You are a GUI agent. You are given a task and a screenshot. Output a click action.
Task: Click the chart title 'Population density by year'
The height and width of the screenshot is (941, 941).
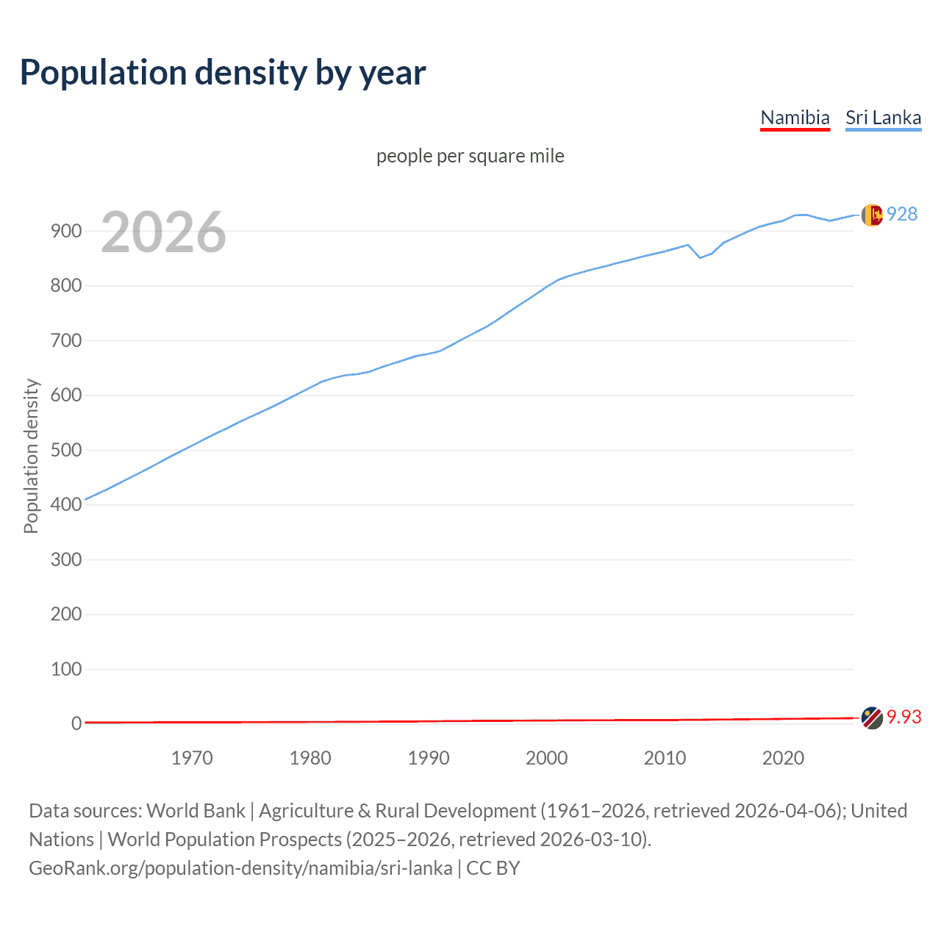(x=223, y=73)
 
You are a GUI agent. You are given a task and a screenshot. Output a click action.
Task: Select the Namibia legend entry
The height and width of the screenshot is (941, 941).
(x=795, y=118)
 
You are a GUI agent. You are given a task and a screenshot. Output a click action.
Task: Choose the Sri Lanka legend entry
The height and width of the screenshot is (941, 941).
(x=883, y=118)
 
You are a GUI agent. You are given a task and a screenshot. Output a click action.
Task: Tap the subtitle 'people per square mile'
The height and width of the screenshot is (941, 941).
(x=470, y=156)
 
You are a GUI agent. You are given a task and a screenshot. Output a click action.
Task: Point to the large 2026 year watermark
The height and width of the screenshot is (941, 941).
(x=163, y=232)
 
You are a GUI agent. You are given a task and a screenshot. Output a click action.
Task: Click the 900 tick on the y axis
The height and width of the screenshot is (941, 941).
(x=65, y=231)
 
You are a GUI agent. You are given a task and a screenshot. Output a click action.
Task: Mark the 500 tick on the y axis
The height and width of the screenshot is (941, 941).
(x=65, y=450)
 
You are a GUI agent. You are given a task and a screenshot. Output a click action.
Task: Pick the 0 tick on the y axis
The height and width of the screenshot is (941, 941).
(x=76, y=723)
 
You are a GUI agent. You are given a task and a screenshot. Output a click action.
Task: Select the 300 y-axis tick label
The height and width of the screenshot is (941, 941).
(x=65, y=559)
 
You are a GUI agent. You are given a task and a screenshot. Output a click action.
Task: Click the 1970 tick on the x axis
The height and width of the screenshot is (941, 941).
(x=192, y=758)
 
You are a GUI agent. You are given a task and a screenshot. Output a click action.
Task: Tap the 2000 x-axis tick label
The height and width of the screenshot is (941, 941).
(x=546, y=758)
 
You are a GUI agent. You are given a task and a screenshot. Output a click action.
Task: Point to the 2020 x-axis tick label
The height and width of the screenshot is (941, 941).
(x=783, y=758)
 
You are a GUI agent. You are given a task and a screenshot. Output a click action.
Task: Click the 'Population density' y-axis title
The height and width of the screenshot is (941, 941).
(x=31, y=456)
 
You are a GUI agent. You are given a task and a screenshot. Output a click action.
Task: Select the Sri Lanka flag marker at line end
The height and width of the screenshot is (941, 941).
(x=872, y=215)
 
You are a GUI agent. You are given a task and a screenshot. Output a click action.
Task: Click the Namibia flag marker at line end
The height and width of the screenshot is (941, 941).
(x=872, y=718)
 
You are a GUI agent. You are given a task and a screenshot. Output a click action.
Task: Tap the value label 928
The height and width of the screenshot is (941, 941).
(x=902, y=214)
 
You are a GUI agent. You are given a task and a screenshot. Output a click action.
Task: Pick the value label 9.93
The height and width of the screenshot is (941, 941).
(x=904, y=717)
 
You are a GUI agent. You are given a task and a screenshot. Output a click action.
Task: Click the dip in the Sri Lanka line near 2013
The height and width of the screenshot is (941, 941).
(x=700, y=257)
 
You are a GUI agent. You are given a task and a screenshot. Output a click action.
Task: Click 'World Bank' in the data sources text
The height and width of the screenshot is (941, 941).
(x=196, y=811)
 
